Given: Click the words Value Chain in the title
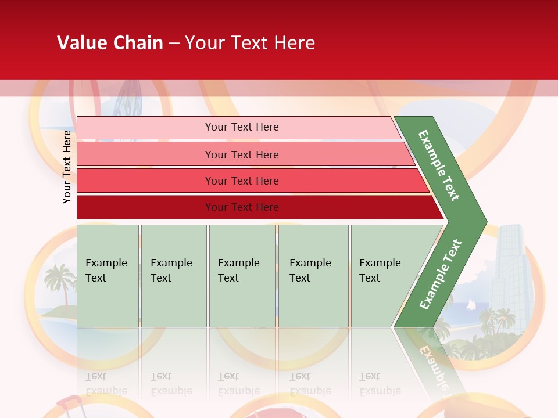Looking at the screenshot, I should [x=110, y=43].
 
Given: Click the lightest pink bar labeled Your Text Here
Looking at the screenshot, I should [x=241, y=127].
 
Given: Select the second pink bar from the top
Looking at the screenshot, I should [x=241, y=154].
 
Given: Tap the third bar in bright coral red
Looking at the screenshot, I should [x=241, y=181].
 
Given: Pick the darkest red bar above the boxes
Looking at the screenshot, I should [x=241, y=207].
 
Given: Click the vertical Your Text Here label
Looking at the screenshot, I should [x=67, y=167].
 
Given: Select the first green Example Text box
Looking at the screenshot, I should [x=108, y=276].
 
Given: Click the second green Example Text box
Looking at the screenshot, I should [x=173, y=276].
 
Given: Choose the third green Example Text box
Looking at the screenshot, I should [x=242, y=276].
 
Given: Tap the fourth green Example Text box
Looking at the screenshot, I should [x=313, y=276].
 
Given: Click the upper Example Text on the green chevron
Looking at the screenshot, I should [x=439, y=165].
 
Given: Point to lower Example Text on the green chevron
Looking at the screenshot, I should [x=441, y=274].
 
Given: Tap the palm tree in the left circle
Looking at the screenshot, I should [x=59, y=279].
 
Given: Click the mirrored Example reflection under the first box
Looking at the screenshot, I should [x=106, y=391].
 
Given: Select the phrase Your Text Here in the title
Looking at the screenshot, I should [x=250, y=43].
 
